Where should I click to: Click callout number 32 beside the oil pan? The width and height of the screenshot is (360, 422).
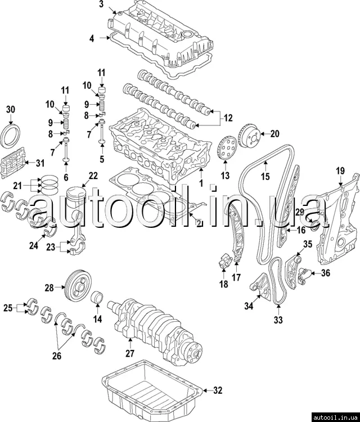pos(218,390)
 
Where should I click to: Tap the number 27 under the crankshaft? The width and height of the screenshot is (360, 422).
pos(130,353)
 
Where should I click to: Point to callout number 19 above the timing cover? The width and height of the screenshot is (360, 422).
pos(340,170)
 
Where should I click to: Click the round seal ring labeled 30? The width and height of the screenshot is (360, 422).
pos(11,136)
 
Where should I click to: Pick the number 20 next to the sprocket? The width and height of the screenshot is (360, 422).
pos(274,133)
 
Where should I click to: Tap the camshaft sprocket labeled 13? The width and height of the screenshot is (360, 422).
pos(226,149)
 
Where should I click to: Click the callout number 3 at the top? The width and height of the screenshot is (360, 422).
pos(101,5)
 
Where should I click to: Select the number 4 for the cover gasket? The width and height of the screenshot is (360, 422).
pos(92,38)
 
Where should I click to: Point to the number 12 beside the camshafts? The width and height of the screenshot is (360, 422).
pos(228,118)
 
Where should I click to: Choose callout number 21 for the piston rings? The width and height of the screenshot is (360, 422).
pos(17,186)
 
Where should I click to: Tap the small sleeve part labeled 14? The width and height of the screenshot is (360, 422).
pos(98,297)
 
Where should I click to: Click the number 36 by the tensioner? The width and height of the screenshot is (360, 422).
pos(326,273)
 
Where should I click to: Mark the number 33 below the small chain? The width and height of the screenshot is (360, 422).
pos(278,320)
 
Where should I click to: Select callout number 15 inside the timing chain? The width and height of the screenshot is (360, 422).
pos(265,176)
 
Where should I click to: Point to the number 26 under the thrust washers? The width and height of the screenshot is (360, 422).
pos(57,356)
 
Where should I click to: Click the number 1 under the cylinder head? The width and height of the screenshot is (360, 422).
pos(201,183)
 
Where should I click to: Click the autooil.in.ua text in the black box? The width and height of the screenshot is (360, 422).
pos(335,417)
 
